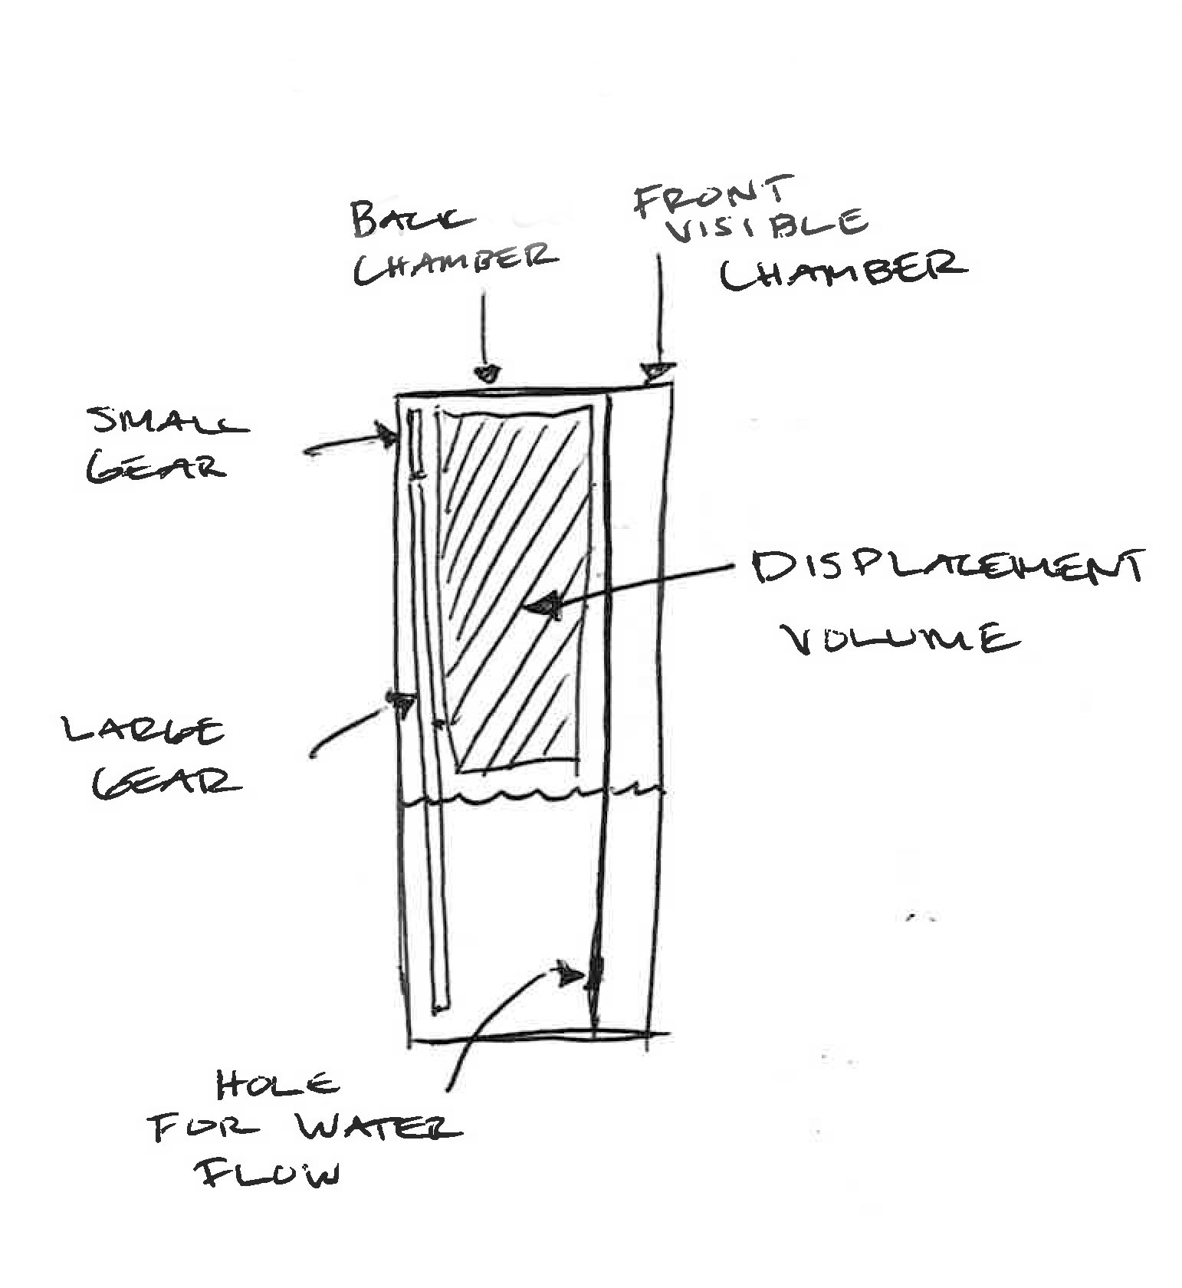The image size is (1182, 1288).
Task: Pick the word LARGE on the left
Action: point(145,730)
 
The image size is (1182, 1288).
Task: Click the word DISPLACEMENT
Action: point(948,569)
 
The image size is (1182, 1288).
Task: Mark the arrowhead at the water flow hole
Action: point(570,974)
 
